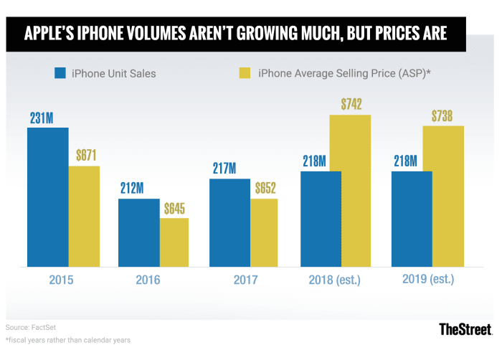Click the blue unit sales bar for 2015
click(48, 197)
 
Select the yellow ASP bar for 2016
click(174, 242)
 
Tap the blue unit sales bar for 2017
click(229, 222)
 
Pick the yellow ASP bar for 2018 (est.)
click(350, 191)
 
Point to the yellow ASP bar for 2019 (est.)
click(442, 196)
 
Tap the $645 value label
click(174, 209)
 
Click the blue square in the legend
click(61, 72)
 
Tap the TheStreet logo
click(465, 329)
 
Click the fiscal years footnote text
click(68, 340)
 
